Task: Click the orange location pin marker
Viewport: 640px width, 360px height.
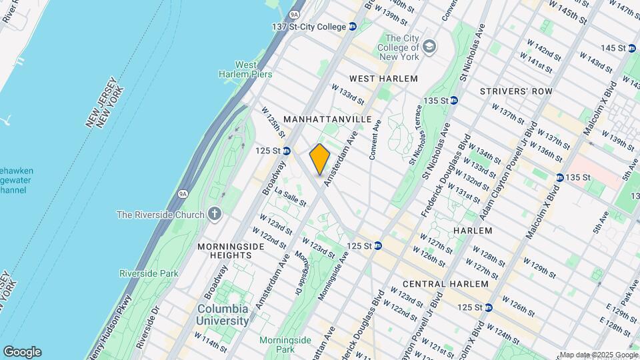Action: point(320,159)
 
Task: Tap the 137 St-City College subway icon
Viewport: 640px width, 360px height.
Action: point(353,27)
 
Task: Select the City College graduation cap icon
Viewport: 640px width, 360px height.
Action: point(430,47)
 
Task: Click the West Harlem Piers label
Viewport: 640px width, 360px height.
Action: point(245,69)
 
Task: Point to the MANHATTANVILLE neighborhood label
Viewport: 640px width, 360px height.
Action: point(327,118)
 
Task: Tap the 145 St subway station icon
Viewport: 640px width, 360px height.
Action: point(632,48)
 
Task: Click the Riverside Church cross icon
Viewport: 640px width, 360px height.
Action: point(213,214)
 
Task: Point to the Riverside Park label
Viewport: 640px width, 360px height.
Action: point(149,273)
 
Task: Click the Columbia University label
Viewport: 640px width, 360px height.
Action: point(223,315)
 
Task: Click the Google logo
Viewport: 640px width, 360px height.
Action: point(22,351)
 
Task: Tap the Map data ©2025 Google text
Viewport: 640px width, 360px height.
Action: point(598,355)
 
